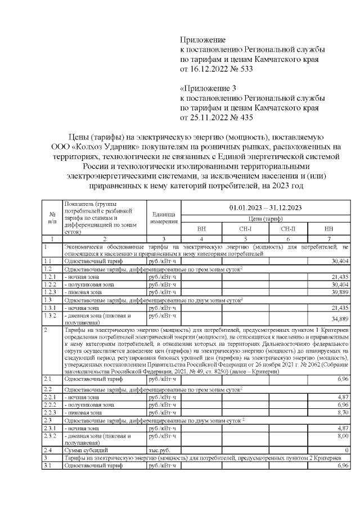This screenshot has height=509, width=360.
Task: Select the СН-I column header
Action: (245, 229)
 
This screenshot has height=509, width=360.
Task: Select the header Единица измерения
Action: (164, 218)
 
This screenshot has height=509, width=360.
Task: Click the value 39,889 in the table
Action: (339, 292)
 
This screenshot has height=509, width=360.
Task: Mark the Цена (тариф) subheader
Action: (265, 219)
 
